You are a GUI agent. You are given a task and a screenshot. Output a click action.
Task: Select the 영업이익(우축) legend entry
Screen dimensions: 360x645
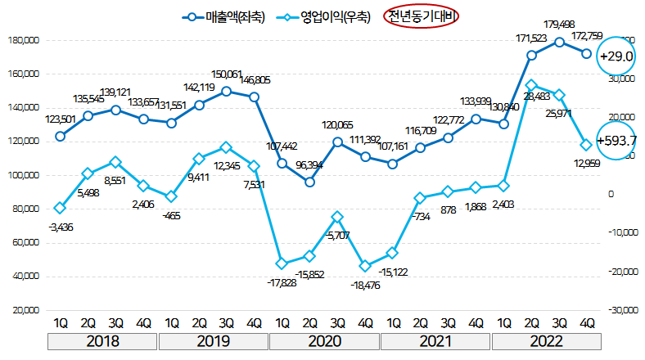(x=328, y=16)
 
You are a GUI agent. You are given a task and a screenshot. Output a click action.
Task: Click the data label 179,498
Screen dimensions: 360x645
(x=559, y=25)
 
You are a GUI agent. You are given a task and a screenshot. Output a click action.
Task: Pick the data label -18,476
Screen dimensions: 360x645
(x=366, y=285)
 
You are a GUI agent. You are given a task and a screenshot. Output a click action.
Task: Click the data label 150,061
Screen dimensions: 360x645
(x=227, y=75)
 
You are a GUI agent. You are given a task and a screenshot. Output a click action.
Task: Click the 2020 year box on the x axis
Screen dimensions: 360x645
(x=324, y=340)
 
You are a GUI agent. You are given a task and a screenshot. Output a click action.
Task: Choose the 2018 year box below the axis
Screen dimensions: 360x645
(x=102, y=340)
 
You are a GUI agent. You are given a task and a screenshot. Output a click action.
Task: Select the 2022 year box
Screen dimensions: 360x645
(x=545, y=340)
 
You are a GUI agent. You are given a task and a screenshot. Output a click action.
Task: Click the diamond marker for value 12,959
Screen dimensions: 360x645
(x=587, y=145)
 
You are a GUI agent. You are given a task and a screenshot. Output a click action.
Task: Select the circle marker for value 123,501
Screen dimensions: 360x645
(x=61, y=136)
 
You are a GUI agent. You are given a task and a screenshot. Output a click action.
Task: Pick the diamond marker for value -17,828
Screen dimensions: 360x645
(x=282, y=263)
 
